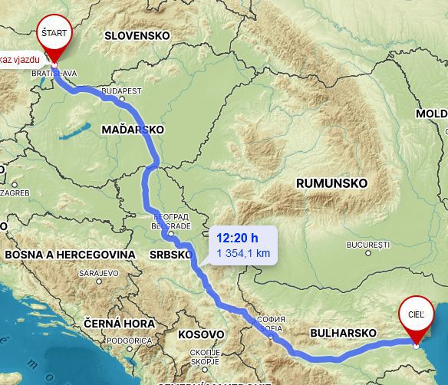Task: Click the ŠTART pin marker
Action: [54, 35]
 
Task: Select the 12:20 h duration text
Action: [236, 238]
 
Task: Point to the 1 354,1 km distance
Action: [242, 252]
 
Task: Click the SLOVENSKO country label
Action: [137, 35]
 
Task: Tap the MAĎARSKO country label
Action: [133, 130]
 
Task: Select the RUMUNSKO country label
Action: [331, 183]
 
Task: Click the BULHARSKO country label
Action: [343, 334]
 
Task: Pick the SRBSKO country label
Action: [170, 254]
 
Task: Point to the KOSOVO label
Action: [201, 335]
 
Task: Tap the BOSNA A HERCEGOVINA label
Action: [70, 254]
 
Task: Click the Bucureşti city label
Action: [368, 245]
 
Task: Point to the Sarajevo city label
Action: [98, 272]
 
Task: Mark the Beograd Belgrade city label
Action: [170, 222]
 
